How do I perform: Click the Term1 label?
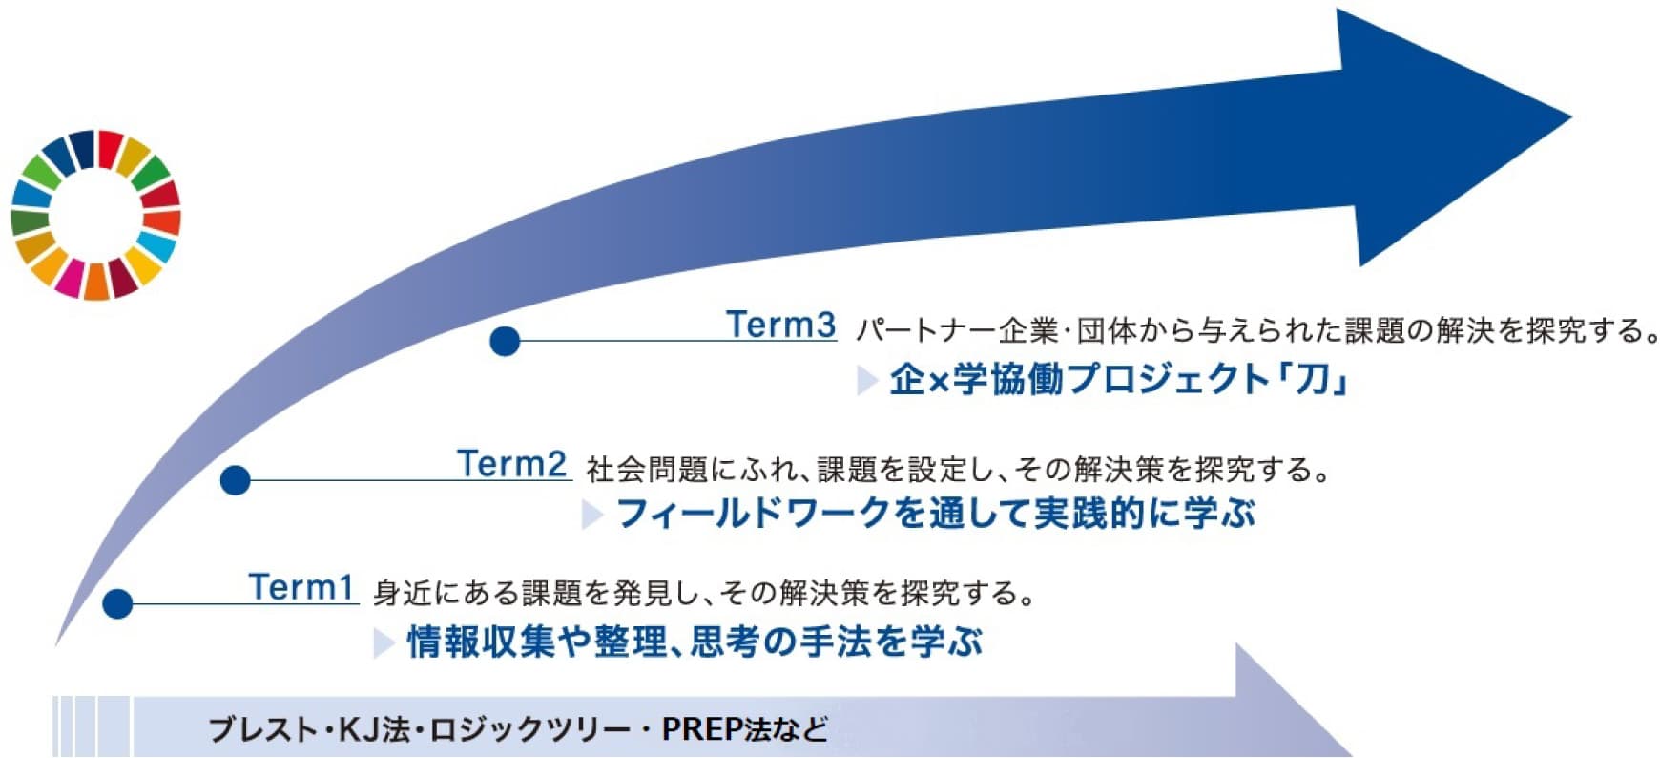[301, 586]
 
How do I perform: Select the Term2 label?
[512, 463]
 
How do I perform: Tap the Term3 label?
[781, 324]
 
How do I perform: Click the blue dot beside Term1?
[117, 603]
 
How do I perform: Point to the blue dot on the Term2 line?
[235, 479]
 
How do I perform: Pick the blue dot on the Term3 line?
[505, 341]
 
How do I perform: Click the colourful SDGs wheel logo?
[95, 215]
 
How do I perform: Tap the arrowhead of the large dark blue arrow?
[1450, 134]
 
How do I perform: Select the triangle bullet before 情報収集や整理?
[384, 642]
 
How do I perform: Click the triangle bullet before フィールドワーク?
[591, 515]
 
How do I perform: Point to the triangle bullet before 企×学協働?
[866, 380]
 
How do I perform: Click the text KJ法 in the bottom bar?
[375, 729]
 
